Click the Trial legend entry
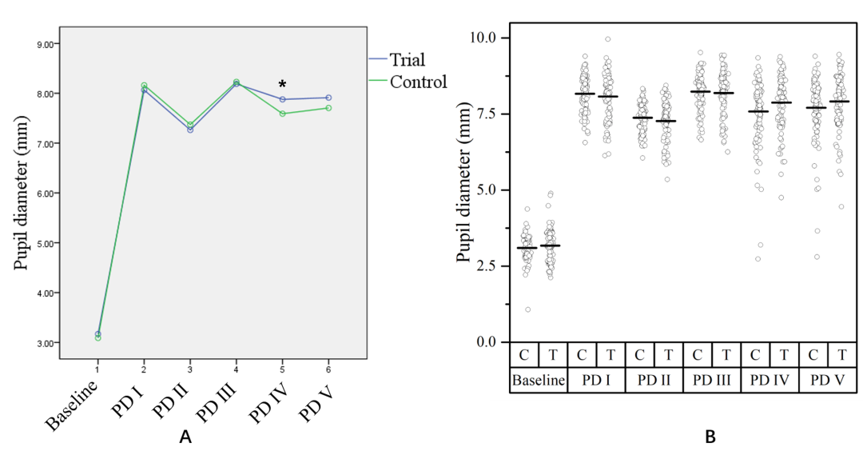click(407, 59)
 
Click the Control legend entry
click(418, 82)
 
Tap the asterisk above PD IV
click(282, 85)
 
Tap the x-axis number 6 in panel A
click(328, 369)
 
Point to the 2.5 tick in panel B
click(484, 265)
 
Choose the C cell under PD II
click(639, 353)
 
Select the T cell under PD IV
click(783, 353)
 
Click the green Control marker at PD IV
click(282, 114)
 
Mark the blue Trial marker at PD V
click(328, 98)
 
